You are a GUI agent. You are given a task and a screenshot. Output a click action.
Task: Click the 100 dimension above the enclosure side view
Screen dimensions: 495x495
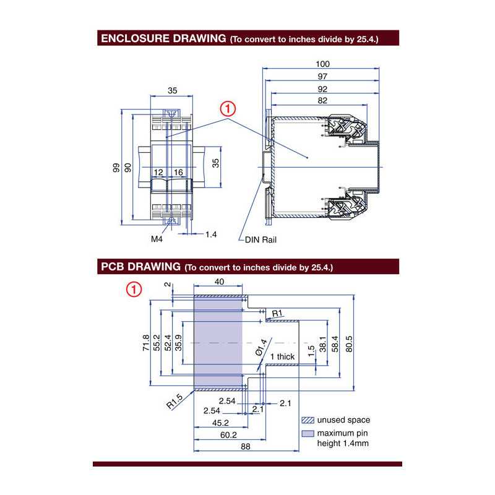click(x=322, y=64)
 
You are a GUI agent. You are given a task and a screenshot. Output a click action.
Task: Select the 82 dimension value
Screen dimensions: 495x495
click(x=322, y=100)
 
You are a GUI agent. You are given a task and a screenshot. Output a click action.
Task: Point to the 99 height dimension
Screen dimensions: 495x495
click(x=116, y=168)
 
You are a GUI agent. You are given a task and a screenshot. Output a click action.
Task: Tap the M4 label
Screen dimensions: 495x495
click(x=157, y=238)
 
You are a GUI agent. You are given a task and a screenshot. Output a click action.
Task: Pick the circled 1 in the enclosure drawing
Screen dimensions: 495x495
click(x=228, y=110)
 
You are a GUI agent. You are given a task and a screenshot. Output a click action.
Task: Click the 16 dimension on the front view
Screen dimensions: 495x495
click(x=178, y=171)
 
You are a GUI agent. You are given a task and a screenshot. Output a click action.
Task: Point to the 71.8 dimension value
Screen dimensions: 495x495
click(x=145, y=343)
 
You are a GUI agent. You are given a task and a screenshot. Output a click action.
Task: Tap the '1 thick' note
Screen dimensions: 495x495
click(x=282, y=356)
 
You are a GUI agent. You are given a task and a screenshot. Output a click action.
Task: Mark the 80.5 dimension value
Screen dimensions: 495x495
click(x=349, y=343)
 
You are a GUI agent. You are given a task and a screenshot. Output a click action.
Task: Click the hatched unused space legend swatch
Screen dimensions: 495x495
click(x=308, y=420)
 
